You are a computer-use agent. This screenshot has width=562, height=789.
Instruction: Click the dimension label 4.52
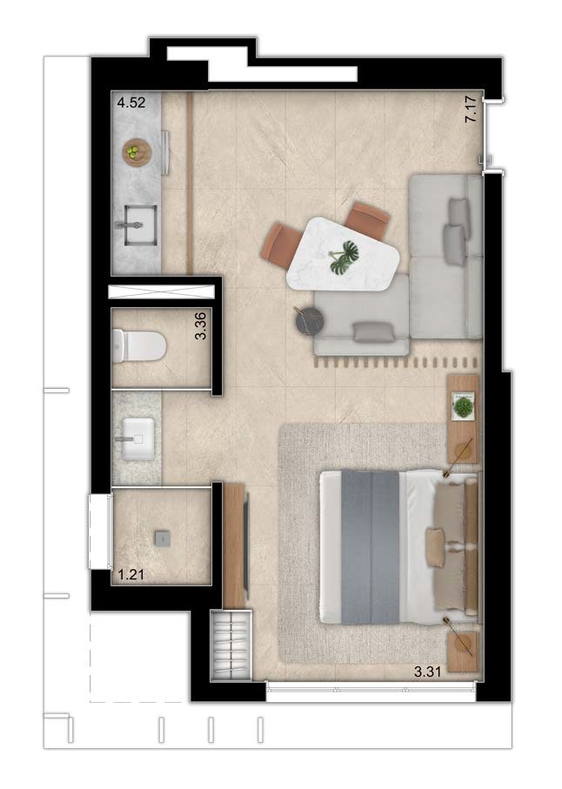tap(131, 103)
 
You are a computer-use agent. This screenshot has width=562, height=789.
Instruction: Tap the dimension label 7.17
tap(471, 110)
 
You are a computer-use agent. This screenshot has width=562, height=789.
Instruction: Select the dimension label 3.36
tap(200, 326)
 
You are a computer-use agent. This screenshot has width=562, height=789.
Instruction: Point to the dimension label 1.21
tap(130, 574)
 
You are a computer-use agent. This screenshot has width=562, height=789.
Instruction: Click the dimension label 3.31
tap(428, 671)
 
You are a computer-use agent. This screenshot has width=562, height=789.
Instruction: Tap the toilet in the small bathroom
tap(138, 345)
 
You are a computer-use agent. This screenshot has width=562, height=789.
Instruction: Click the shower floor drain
tap(162, 538)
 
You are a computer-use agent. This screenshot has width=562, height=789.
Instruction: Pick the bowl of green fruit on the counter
tap(137, 151)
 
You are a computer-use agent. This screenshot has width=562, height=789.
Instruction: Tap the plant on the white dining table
tap(345, 256)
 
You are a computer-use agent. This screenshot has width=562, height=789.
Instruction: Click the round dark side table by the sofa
tap(308, 320)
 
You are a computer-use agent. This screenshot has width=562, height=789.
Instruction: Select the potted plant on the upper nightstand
tap(463, 406)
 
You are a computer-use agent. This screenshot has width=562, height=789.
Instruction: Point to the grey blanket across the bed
tap(370, 547)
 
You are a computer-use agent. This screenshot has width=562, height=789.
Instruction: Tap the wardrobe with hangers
tap(231, 645)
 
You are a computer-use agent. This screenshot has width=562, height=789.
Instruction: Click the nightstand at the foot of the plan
tap(462, 652)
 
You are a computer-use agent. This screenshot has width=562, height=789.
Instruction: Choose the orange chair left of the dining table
tap(278, 245)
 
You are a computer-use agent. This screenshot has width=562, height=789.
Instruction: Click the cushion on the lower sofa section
tap(373, 332)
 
